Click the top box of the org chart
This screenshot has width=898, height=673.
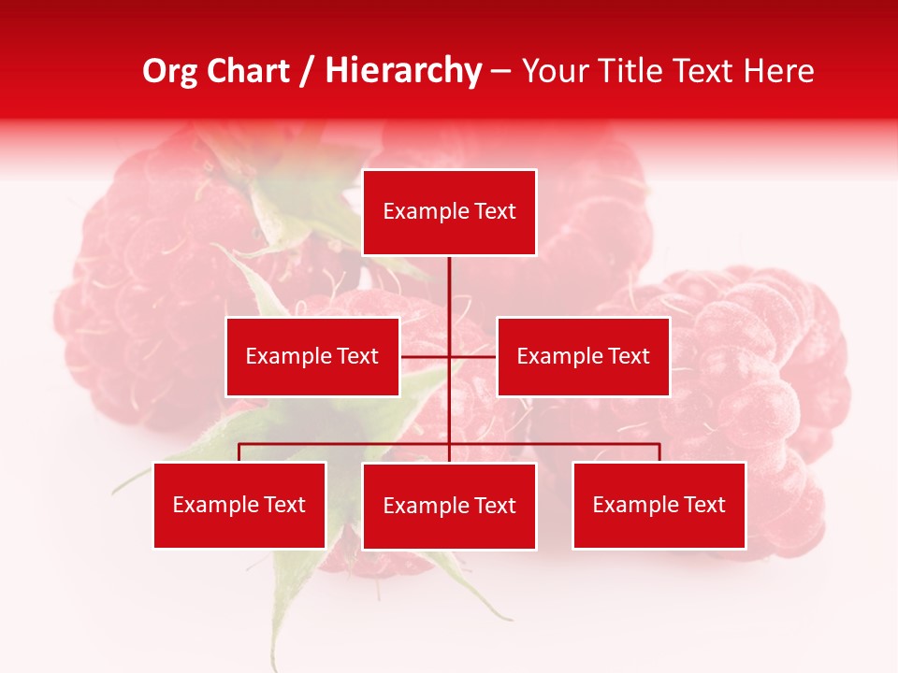(449, 212)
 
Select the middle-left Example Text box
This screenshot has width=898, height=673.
(312, 356)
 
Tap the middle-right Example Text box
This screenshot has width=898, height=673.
(583, 356)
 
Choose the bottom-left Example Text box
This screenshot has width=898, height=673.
(239, 505)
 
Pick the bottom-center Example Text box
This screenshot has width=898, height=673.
(449, 506)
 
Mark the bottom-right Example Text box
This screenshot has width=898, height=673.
(659, 505)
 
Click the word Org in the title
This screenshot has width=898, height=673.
(168, 71)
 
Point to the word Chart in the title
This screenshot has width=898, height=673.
(246, 71)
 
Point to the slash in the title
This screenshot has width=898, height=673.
(307, 71)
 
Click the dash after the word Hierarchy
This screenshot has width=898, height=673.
(500, 71)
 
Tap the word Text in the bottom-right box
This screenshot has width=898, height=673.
(703, 505)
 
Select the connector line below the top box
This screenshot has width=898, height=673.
(449, 290)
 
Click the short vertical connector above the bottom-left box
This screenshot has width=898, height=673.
(239, 452)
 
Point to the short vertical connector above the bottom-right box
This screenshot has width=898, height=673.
(659, 452)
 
